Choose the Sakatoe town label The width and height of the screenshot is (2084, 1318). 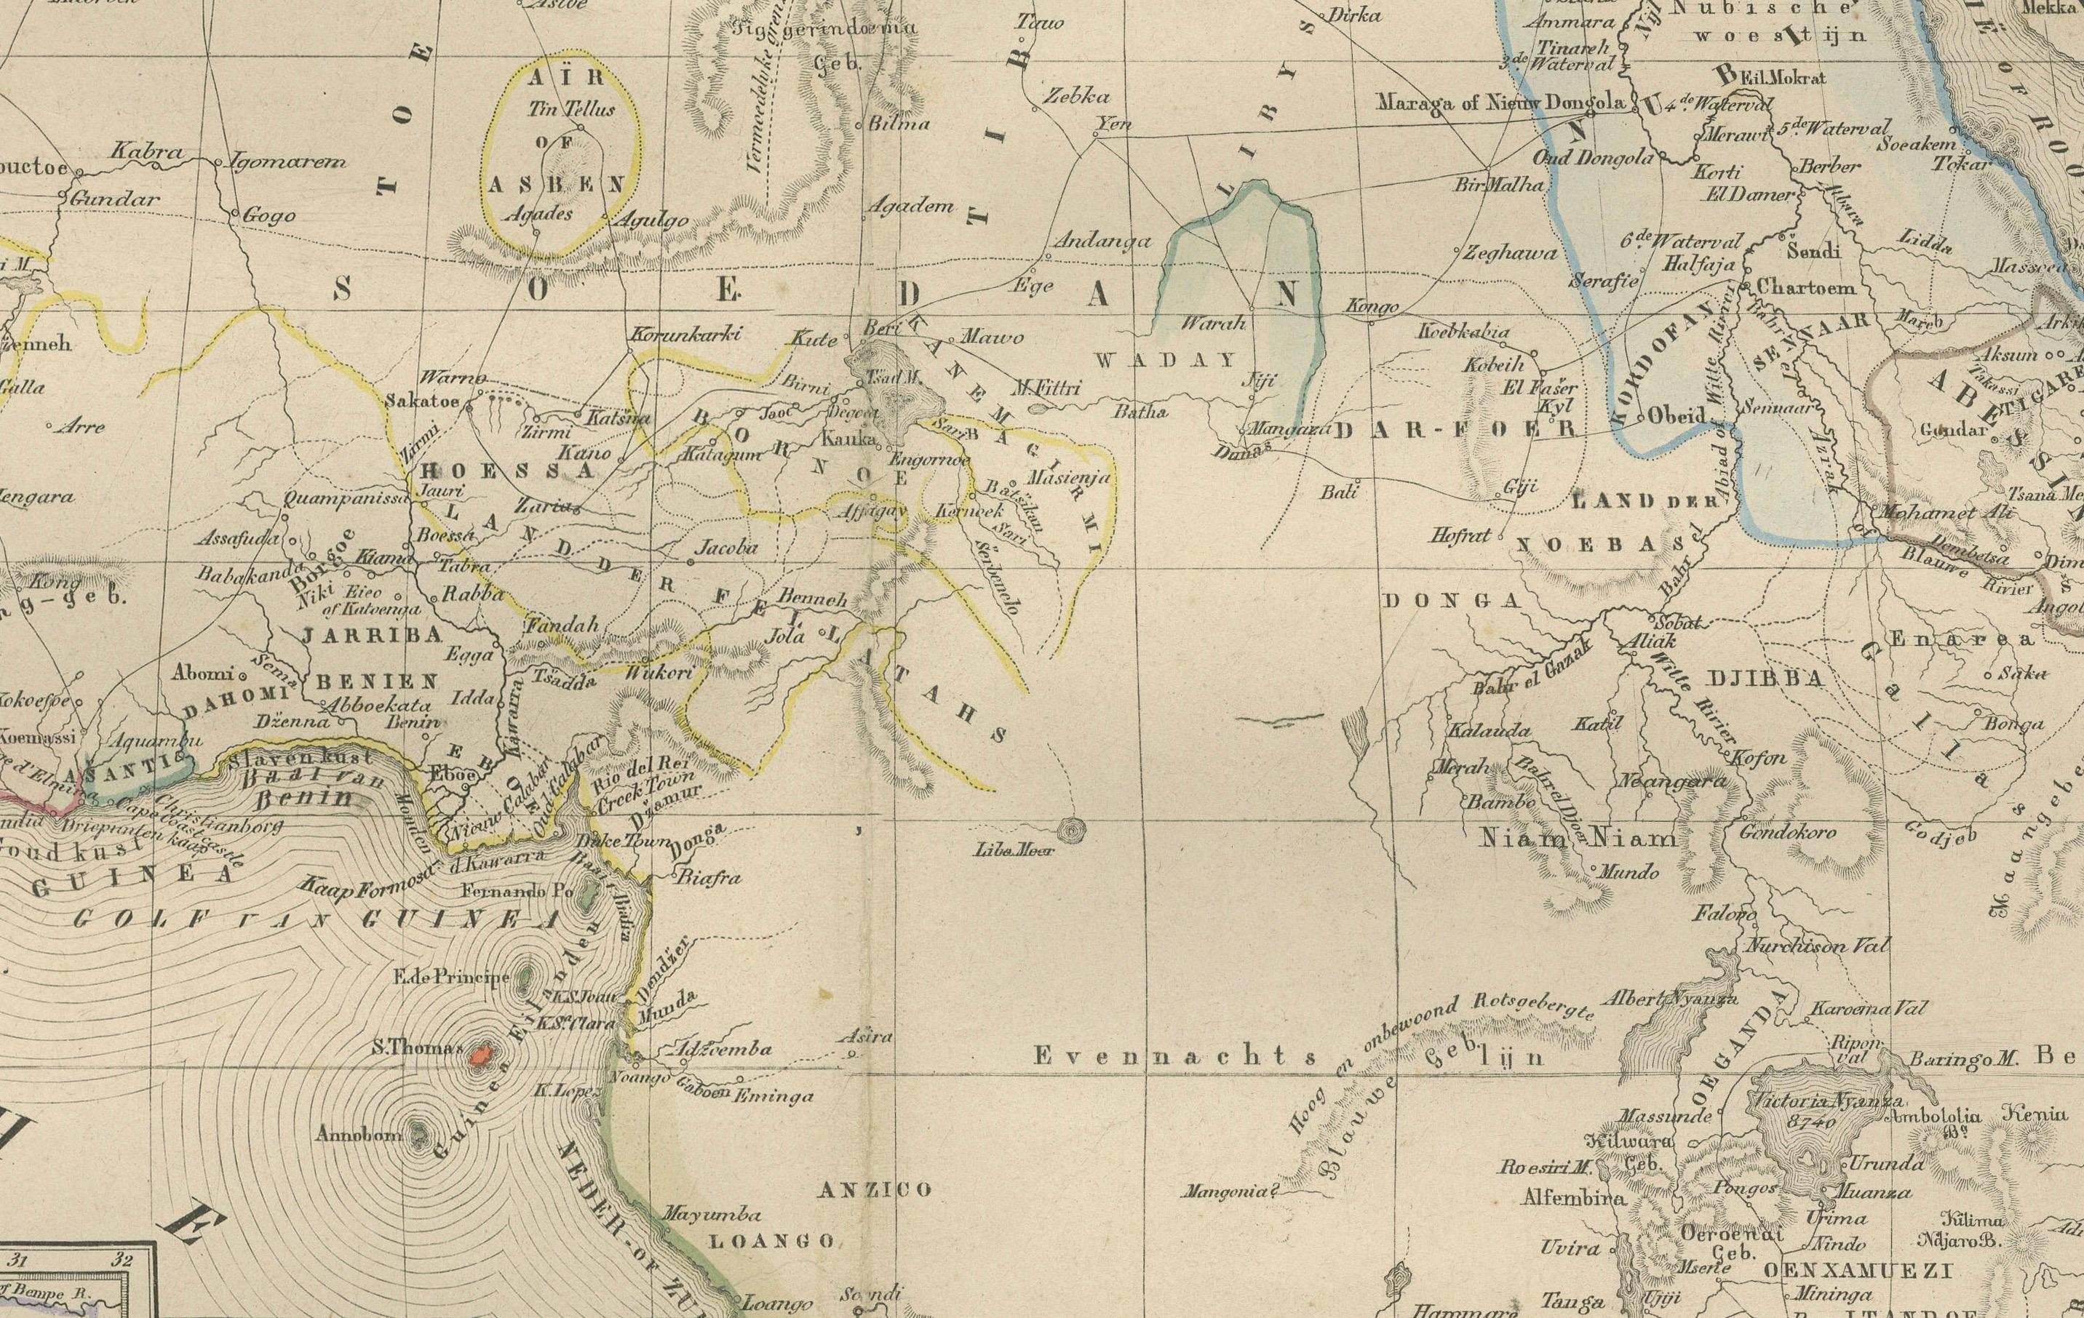coord(421,402)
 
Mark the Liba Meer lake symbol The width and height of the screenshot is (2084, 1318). coord(1073,831)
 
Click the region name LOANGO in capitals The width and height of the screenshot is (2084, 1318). coord(772,1241)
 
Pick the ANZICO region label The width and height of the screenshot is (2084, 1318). coord(875,1190)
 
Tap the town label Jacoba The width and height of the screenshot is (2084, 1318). coord(727,547)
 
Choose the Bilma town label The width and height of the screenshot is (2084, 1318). coord(899,124)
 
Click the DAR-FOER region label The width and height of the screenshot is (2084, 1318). coord(1455,429)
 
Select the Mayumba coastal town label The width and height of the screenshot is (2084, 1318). coord(712,1215)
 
